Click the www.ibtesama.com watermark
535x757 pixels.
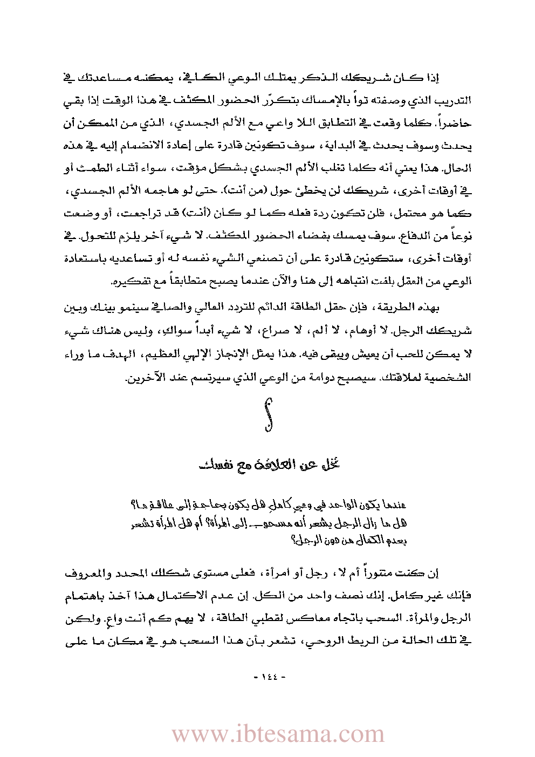pos(278,734)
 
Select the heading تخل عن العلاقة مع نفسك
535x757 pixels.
pos(269,464)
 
